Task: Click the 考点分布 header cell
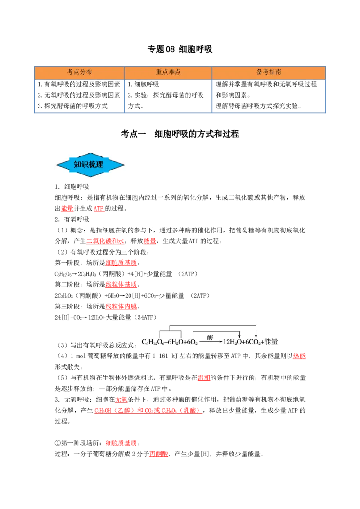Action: click(x=80, y=72)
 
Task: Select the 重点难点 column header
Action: click(x=168, y=72)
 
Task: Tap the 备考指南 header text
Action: click(x=269, y=72)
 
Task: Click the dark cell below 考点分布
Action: click(x=79, y=97)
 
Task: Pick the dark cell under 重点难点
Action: click(x=167, y=97)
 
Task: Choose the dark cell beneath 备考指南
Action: click(x=269, y=97)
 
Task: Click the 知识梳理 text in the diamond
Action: click(x=88, y=165)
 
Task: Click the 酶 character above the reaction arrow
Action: click(x=210, y=337)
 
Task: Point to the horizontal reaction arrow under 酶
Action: click(x=211, y=342)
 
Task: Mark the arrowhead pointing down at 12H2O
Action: click(x=239, y=335)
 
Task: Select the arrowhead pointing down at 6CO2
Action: click(x=256, y=335)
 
